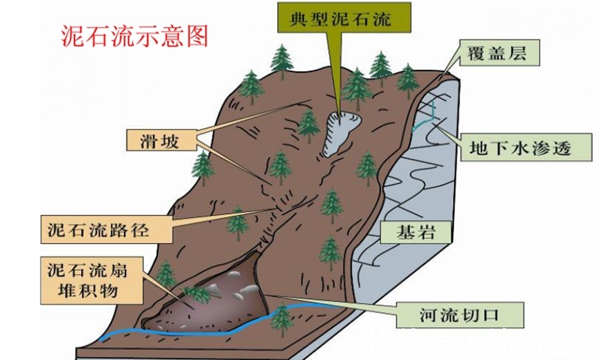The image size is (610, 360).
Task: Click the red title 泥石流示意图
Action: coord(134,36)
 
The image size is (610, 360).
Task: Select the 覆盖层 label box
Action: coord(497,53)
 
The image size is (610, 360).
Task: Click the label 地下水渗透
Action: coord(520,148)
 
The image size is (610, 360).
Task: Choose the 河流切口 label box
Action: coord(460,316)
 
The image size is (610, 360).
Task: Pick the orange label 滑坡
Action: coord(160,140)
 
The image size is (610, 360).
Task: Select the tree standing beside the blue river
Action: coord(282,318)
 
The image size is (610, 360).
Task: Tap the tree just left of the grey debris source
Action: coord(308,125)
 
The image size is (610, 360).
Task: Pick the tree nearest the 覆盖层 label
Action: coord(408,80)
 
